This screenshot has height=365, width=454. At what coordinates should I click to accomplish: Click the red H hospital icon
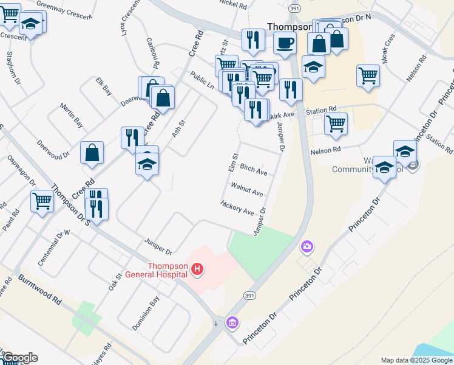197,268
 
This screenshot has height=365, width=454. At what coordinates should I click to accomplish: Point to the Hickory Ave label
238,207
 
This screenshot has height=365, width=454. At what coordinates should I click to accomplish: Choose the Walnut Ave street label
246,189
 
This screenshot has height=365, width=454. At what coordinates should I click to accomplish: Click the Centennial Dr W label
54,246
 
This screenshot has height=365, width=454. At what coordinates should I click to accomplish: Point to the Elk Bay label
104,86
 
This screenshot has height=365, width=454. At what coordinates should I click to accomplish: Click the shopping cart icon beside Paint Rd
42,200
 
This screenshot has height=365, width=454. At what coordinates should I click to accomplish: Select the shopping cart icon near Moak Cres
368,75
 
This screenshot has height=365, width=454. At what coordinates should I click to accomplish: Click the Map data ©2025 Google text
416,360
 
